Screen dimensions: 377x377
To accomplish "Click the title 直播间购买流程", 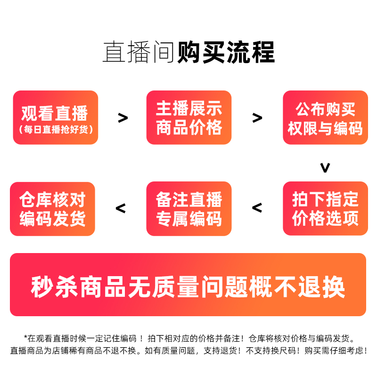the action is pyautogui.click(x=188, y=52).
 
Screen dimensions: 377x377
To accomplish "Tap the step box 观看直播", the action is pyautogui.click(x=56, y=117).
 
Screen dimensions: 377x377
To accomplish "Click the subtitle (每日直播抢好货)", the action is pyautogui.click(x=56, y=129).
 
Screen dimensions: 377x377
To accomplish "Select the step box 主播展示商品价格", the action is pyautogui.click(x=189, y=117).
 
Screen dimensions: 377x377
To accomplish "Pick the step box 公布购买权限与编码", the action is pyautogui.click(x=325, y=117).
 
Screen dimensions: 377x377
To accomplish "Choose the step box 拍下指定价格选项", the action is pyautogui.click(x=325, y=208).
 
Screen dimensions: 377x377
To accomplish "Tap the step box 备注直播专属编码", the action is pyautogui.click(x=189, y=208).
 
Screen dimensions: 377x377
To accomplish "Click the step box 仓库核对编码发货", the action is pyautogui.click(x=52, y=208).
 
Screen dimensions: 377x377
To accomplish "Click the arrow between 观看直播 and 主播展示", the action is pyautogui.click(x=123, y=118).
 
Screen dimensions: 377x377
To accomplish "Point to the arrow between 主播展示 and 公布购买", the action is pyautogui.click(x=257, y=118).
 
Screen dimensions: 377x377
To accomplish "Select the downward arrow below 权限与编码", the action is pyautogui.click(x=325, y=167).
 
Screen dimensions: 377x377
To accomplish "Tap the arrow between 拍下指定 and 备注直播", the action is pyautogui.click(x=257, y=207).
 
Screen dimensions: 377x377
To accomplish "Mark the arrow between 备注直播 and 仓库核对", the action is pyautogui.click(x=121, y=207).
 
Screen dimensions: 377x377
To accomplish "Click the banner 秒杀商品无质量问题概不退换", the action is pyautogui.click(x=188, y=285).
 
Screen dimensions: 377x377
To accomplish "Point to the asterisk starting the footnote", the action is pyautogui.click(x=26, y=337).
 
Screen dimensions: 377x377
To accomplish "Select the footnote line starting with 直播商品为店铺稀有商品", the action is pyautogui.click(x=188, y=351).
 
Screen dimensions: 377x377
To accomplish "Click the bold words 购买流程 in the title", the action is pyautogui.click(x=226, y=52).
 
